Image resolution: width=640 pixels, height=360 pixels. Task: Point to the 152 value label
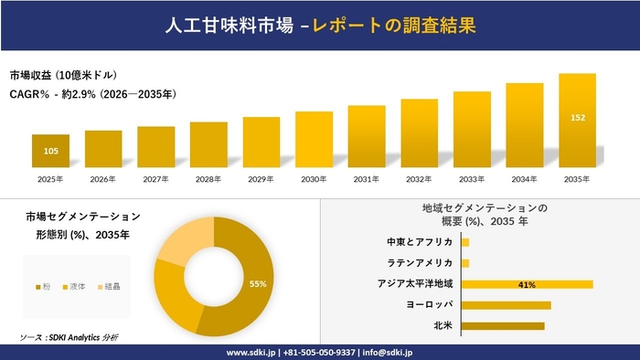pyautogui.click(x=578, y=118)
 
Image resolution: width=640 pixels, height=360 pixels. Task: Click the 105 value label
pyautogui.click(x=51, y=151)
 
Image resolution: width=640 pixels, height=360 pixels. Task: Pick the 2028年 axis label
pyautogui.click(x=208, y=179)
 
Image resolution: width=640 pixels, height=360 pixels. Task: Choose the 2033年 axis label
pyautogui.click(x=472, y=179)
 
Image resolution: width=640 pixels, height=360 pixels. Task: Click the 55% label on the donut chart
pyautogui.click(x=258, y=284)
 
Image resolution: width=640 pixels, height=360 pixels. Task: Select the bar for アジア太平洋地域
pyautogui.click(x=527, y=284)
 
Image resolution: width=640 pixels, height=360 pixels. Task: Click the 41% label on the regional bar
pyautogui.click(x=526, y=284)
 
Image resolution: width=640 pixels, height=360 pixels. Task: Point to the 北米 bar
pyautogui.click(x=503, y=325)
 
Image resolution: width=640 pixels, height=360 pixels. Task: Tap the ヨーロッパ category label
pyautogui.click(x=430, y=304)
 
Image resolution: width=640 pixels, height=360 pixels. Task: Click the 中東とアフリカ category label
pyautogui.click(x=420, y=242)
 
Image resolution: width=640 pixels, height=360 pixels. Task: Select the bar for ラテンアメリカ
pyautogui.click(x=465, y=263)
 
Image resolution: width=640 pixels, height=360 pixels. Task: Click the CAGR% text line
pyautogui.click(x=91, y=93)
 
